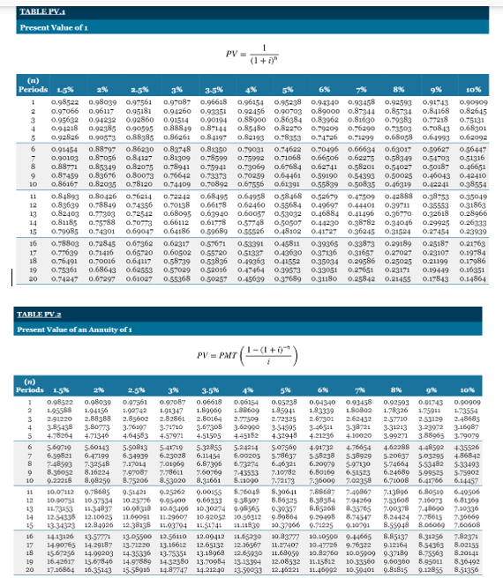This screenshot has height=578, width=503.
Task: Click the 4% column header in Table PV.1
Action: [252, 91]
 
